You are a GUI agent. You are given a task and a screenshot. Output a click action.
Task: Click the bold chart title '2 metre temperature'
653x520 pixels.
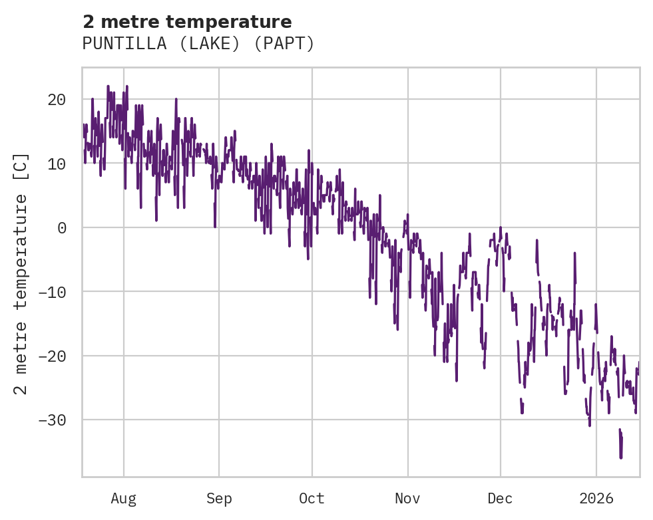click(x=187, y=22)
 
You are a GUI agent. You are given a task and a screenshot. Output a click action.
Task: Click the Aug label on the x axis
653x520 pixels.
click(x=123, y=499)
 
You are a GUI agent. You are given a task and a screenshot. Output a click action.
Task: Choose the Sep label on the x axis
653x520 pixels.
click(x=219, y=499)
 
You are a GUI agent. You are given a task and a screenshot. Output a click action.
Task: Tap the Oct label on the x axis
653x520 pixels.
click(x=312, y=499)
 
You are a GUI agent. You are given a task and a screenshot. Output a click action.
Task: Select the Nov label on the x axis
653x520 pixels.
click(x=407, y=499)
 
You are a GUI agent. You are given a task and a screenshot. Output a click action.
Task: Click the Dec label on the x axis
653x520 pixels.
click(x=500, y=499)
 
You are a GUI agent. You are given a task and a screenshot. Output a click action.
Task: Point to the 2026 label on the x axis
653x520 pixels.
click(x=596, y=499)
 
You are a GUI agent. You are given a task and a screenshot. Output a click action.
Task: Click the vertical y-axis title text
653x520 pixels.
click(x=21, y=273)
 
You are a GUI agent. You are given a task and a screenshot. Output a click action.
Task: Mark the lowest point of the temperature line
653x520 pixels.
click(x=621, y=457)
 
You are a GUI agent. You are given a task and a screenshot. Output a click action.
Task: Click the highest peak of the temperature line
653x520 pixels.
click(x=108, y=86)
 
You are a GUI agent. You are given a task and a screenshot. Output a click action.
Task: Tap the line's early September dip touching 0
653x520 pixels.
click(x=214, y=227)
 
